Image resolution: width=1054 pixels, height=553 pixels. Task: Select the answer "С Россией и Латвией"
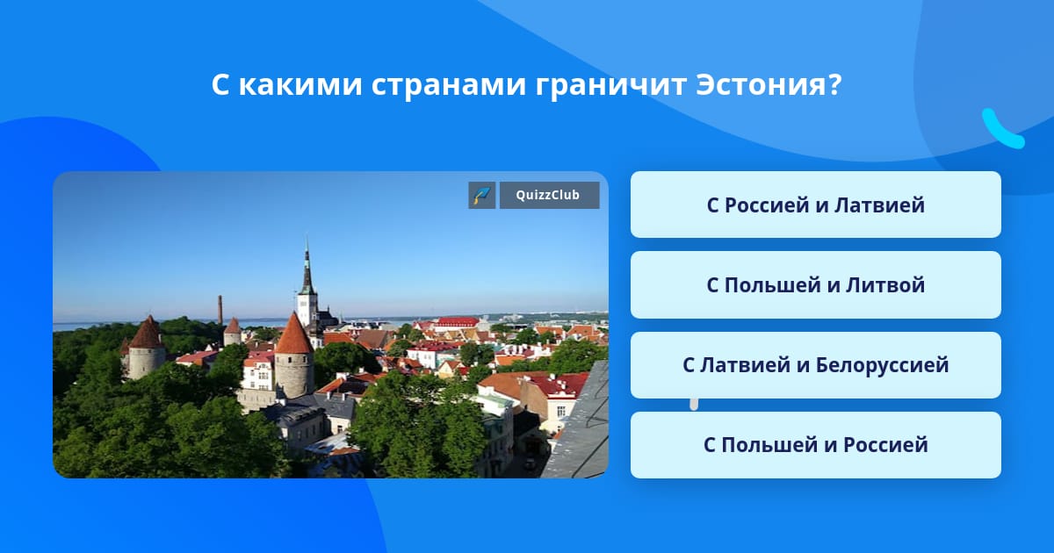click(815, 205)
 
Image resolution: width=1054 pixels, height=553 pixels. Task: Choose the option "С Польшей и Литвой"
click(815, 285)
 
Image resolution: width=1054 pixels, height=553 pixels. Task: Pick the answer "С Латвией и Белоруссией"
click(815, 365)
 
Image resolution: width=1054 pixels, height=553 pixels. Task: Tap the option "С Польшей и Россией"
click(815, 445)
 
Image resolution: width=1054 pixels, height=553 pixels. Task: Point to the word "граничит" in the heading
click(610, 87)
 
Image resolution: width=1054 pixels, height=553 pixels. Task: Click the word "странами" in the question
click(448, 87)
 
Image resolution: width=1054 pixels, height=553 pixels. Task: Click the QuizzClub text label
click(548, 195)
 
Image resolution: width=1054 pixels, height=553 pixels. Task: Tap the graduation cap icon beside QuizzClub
click(482, 195)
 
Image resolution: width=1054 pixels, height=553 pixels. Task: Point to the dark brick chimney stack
click(220, 310)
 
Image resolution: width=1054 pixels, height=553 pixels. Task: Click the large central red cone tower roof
click(294, 333)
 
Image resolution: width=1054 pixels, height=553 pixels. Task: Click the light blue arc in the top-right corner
click(1001, 131)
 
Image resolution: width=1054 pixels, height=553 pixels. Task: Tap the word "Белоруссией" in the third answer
click(882, 365)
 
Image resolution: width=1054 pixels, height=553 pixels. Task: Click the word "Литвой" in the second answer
click(885, 285)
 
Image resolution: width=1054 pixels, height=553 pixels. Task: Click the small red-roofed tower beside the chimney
click(233, 332)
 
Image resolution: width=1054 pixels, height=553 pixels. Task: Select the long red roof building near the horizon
click(458, 322)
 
